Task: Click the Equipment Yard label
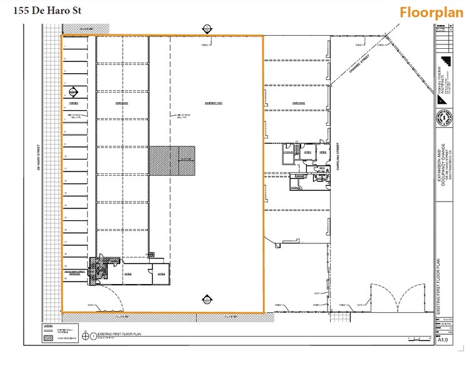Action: click(x=215, y=103)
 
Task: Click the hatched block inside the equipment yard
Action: click(x=171, y=161)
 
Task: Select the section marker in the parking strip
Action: click(x=73, y=91)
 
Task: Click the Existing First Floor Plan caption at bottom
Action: click(x=119, y=335)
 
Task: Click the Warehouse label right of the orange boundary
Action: click(x=289, y=103)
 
